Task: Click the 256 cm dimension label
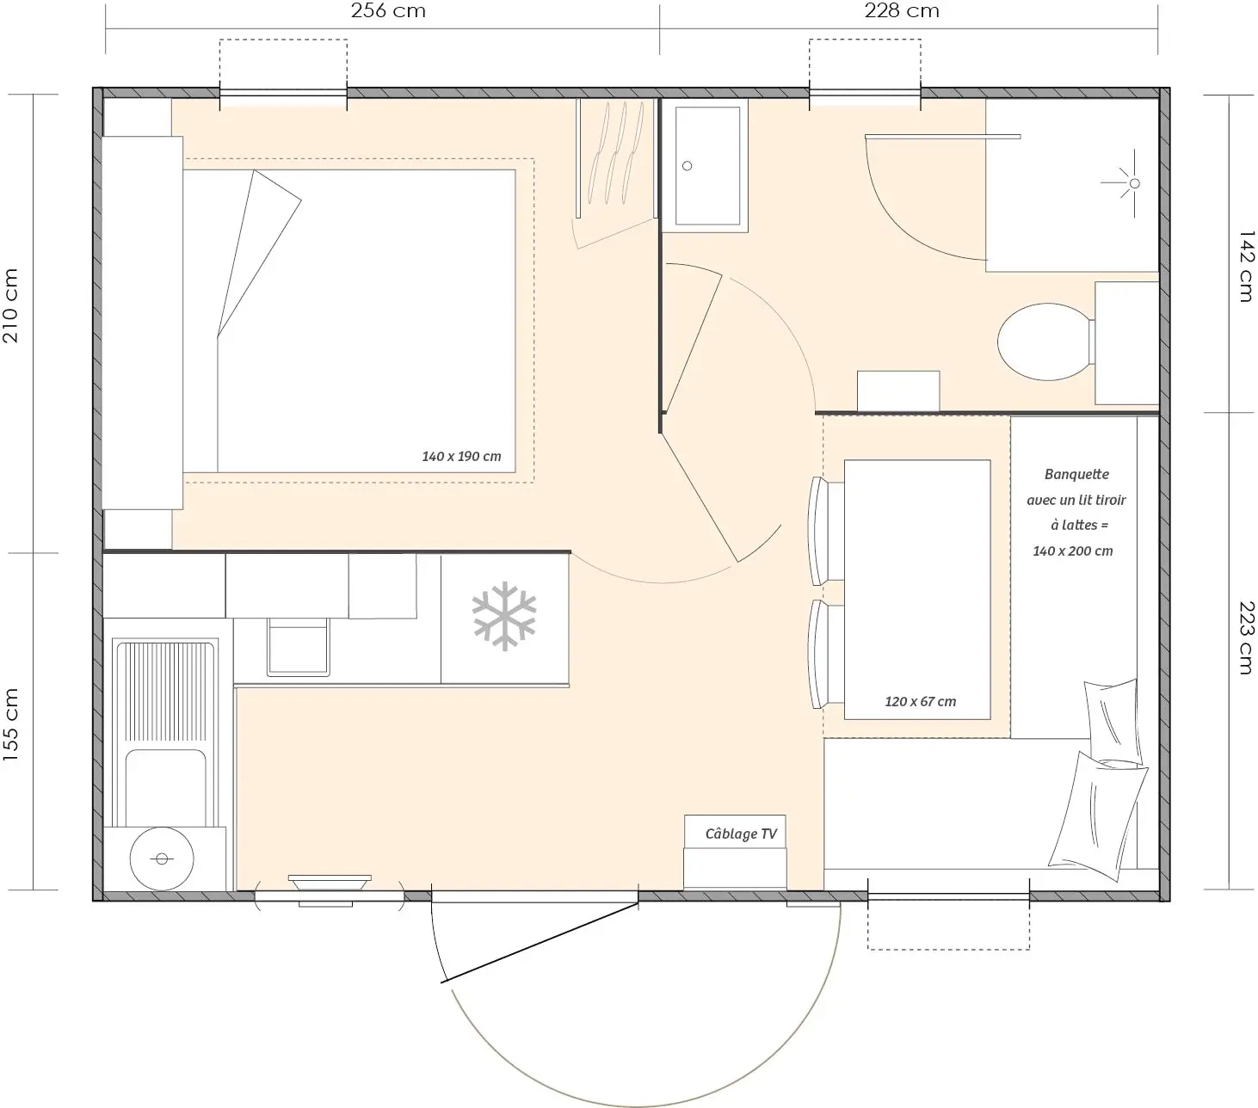point(388,10)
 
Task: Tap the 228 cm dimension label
point(902,10)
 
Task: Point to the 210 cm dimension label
point(10,305)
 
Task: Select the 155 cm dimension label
point(10,724)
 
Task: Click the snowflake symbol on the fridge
point(504,616)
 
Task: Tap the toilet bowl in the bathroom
point(1045,342)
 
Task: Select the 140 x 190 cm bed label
point(461,456)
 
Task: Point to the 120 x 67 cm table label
point(920,701)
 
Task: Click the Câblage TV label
point(741,834)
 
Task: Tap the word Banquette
point(1076,474)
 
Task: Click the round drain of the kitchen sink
point(162,859)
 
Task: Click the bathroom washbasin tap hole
point(687,166)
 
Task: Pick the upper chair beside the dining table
point(825,531)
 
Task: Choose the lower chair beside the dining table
point(825,654)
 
